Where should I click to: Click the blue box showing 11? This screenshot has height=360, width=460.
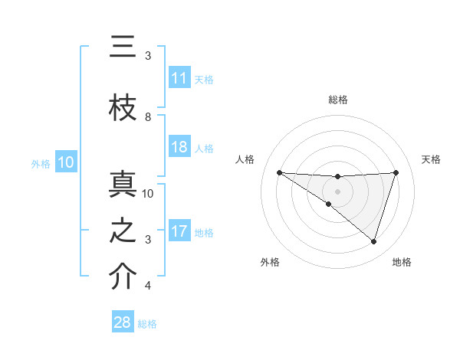coord(179,78)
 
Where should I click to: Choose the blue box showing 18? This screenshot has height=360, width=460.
coord(179,147)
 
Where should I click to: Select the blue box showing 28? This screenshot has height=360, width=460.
coord(123,322)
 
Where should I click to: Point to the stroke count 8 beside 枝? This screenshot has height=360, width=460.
coord(148,117)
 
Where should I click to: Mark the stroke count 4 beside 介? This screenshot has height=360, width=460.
coord(148,286)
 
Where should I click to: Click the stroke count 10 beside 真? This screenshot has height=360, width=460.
coord(149,193)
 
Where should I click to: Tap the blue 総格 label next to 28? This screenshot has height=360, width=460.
coord(147,324)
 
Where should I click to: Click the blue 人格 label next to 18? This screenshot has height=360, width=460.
coord(203,148)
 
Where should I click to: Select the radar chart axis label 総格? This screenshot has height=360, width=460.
coord(337,100)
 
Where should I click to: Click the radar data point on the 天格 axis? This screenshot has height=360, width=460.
coord(396,172)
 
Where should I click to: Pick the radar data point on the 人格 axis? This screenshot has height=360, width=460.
coord(279,172)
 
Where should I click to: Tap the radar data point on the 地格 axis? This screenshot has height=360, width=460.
coord(373,241)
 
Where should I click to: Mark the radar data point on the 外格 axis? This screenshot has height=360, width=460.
coord(329,204)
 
